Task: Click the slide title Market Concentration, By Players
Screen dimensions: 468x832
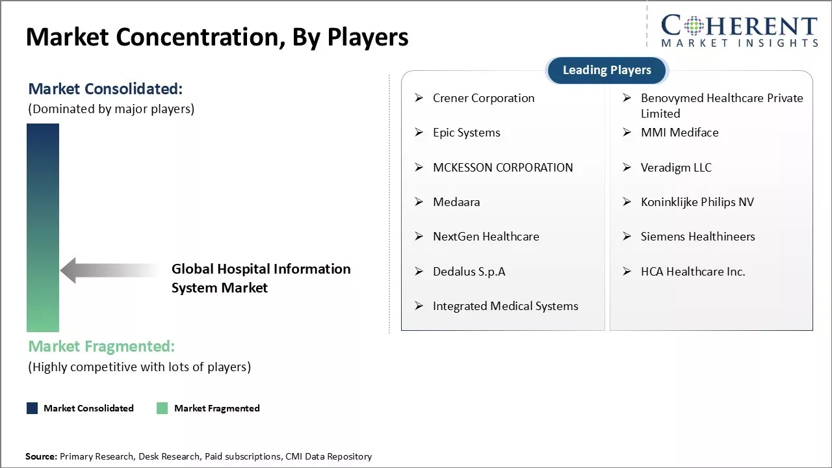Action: [x=217, y=37]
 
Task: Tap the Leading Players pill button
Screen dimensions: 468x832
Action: [x=606, y=70]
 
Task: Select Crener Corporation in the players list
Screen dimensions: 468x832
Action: [x=484, y=98]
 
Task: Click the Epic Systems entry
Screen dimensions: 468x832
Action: [x=466, y=133]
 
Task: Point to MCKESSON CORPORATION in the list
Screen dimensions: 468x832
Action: [x=502, y=168]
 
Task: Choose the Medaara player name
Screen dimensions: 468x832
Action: [x=456, y=202]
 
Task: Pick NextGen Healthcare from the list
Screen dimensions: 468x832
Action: [x=486, y=237]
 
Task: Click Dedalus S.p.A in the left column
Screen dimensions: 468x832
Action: [x=469, y=272]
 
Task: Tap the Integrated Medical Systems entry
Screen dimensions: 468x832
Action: [x=505, y=306]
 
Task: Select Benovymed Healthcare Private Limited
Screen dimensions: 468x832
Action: [x=721, y=105]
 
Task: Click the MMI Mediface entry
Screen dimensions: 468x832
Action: [x=679, y=133]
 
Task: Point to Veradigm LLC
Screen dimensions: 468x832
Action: [x=676, y=168]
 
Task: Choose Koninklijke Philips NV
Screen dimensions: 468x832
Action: [x=697, y=202]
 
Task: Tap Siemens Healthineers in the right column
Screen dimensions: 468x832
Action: [x=697, y=237]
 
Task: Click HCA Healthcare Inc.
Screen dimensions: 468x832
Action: [x=692, y=272]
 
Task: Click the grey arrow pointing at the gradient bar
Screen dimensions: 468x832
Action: [x=107, y=270]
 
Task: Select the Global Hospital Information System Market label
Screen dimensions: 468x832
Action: [x=261, y=278]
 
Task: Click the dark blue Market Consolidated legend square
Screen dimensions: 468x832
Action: [x=32, y=408]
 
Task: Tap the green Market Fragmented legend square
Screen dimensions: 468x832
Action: [x=162, y=408]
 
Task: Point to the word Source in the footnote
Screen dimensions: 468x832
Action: [x=41, y=457]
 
